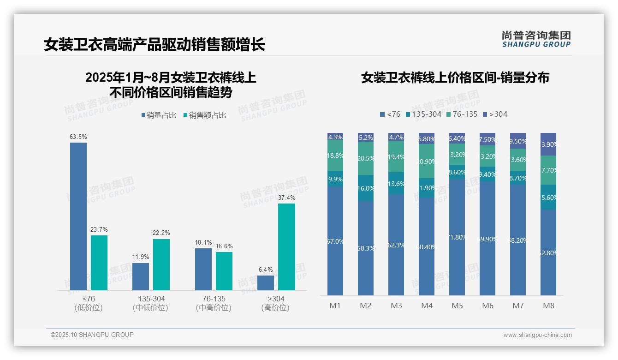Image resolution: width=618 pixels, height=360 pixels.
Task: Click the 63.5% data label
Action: (x=78, y=137)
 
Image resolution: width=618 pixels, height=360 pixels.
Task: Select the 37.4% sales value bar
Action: (x=286, y=246)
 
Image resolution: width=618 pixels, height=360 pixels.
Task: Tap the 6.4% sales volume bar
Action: (x=266, y=282)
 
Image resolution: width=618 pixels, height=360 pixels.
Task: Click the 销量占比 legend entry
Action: (x=159, y=115)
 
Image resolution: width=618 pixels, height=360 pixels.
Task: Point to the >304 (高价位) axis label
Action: (x=276, y=303)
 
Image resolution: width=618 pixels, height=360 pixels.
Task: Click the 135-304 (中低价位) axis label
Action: (x=150, y=303)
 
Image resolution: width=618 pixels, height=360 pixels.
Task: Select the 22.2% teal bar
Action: (x=161, y=264)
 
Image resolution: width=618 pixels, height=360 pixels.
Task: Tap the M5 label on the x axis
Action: (x=457, y=306)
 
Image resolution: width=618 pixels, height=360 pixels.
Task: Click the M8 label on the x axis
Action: (x=548, y=306)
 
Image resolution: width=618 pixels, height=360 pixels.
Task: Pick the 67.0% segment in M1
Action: (x=335, y=240)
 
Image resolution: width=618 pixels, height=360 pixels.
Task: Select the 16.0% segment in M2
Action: (x=366, y=188)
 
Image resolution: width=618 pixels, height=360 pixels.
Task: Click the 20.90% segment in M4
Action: (x=427, y=161)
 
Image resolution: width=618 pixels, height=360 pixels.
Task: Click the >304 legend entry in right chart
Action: (x=495, y=114)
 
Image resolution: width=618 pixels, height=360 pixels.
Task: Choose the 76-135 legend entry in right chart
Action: (x=461, y=114)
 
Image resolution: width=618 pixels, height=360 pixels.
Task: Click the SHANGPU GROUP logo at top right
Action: (x=536, y=39)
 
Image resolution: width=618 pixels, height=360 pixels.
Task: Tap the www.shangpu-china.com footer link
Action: (x=537, y=335)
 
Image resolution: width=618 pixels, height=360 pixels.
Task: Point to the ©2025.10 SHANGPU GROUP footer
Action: (x=92, y=335)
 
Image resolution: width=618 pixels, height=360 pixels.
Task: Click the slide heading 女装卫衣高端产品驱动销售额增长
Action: (x=154, y=45)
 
